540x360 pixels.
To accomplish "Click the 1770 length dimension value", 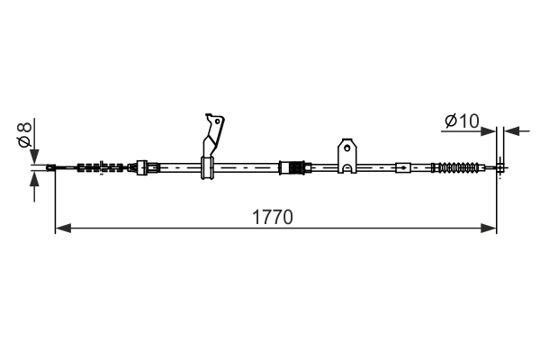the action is [273, 218].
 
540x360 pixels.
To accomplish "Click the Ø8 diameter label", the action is [25, 134].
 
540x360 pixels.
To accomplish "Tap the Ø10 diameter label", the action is [462, 121].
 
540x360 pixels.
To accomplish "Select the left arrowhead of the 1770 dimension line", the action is [63, 228].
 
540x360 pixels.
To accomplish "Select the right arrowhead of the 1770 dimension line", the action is [489, 228].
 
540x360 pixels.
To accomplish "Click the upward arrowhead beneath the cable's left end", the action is [34, 179].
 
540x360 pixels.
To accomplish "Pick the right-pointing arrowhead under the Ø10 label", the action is [489, 131].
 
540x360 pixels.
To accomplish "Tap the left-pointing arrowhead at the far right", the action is [512, 131].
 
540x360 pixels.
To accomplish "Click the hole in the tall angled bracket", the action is [217, 121].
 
